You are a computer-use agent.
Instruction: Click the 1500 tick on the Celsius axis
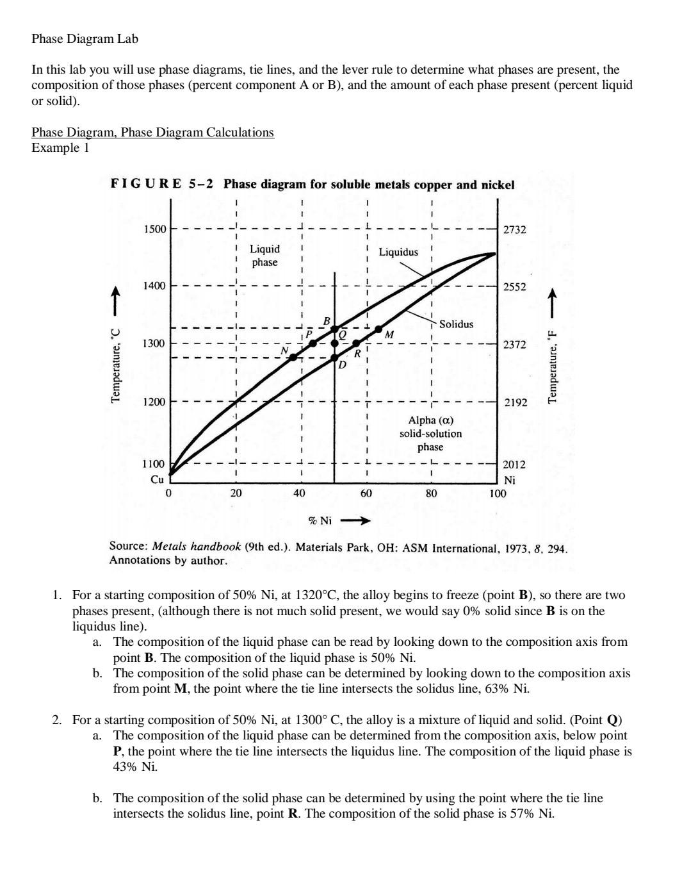154,229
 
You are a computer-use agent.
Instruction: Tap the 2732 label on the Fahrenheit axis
514,229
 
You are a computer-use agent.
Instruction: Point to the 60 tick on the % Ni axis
366,493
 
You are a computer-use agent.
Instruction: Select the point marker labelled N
293,357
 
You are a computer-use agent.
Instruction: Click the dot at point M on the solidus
378,329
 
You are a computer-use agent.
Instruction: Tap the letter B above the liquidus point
326,320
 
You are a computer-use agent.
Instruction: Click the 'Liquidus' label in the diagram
398,252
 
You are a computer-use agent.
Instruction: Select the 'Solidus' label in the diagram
456,324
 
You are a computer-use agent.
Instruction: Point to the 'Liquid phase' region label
264,255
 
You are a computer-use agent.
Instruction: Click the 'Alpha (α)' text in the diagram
430,420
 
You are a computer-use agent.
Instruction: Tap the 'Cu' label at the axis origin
157,479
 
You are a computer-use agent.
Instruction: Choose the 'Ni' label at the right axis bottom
510,480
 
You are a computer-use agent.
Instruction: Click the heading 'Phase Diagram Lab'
85,38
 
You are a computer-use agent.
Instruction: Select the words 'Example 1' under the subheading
60,148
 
